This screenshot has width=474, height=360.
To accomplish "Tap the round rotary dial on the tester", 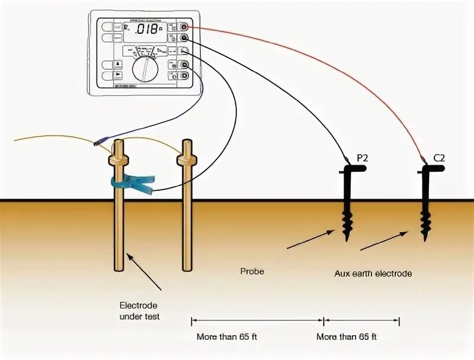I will pyautogui.click(x=142, y=69).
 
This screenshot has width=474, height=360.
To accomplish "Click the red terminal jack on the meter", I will pyautogui.click(x=185, y=27).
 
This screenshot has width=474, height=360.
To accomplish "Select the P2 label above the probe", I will pyautogui.click(x=363, y=157).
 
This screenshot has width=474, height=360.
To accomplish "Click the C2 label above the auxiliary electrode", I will pyautogui.click(x=439, y=157).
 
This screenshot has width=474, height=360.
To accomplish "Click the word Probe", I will pyautogui.click(x=252, y=272).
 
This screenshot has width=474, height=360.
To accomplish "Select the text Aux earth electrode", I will pyautogui.click(x=372, y=274).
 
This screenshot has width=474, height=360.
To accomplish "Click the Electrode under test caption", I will pyautogui.click(x=139, y=311).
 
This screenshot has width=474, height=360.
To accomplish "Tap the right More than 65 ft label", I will pyautogui.click(x=346, y=336).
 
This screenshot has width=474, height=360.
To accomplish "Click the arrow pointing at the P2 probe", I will pyautogui.click(x=310, y=240).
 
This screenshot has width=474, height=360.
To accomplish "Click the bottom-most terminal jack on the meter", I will pyautogui.click(x=185, y=75).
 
